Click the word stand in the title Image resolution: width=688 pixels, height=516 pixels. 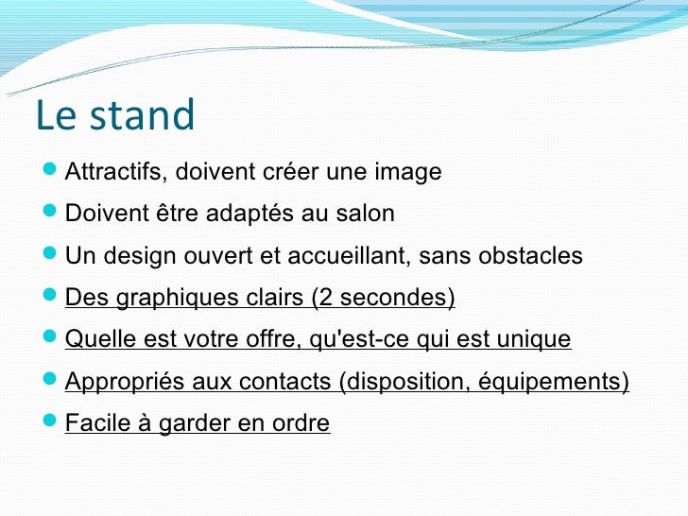142,114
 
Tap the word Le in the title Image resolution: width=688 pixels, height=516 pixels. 56,114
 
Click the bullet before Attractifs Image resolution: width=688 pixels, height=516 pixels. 50,168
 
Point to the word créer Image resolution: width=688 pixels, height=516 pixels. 290,171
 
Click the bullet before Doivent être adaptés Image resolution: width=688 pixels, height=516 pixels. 50,210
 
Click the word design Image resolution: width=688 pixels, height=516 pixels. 140,255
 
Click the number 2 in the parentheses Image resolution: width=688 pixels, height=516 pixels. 326,297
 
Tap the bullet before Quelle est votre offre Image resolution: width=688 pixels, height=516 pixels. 50,336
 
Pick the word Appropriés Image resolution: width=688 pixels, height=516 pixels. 125,381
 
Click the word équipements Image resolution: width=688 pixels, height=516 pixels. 550,381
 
